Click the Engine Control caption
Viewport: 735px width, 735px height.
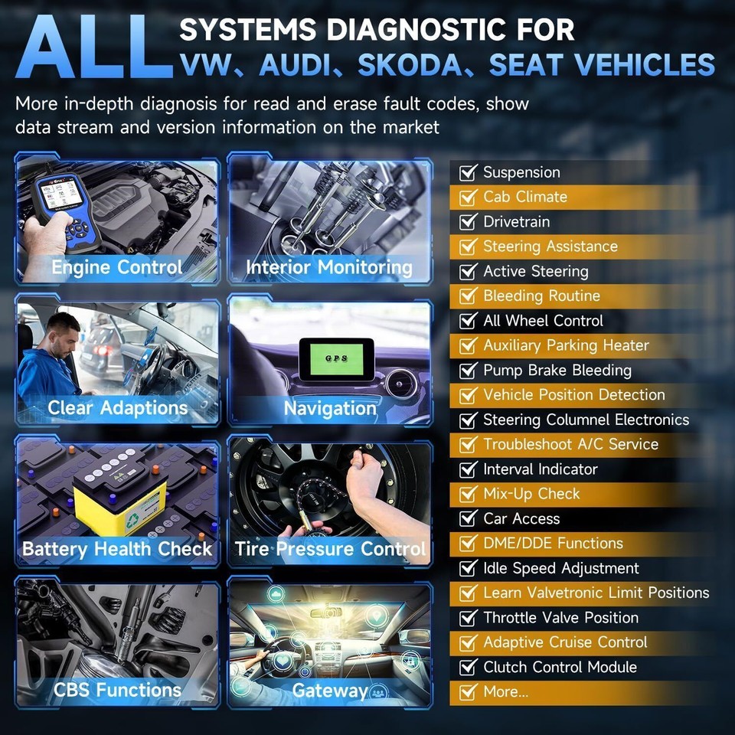click(x=116, y=267)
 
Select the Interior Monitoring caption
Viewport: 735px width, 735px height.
click(x=329, y=267)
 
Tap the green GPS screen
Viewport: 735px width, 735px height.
click(x=335, y=358)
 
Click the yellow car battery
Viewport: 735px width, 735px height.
click(x=121, y=496)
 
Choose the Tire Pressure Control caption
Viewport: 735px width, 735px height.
click(x=330, y=549)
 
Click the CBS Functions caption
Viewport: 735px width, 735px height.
click(x=116, y=690)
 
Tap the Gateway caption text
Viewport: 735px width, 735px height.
click(x=329, y=690)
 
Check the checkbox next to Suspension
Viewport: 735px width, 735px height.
click(x=467, y=172)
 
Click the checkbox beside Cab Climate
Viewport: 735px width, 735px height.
click(x=467, y=198)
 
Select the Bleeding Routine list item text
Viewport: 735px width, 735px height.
click(x=541, y=296)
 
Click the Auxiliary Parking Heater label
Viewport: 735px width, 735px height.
click(x=566, y=345)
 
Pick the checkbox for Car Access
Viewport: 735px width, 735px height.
click(x=467, y=519)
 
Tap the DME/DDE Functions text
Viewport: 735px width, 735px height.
click(x=553, y=544)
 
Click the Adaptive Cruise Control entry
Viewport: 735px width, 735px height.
click(x=565, y=642)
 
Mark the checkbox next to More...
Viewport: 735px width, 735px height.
click(x=467, y=692)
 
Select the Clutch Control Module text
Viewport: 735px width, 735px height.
click(x=560, y=667)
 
